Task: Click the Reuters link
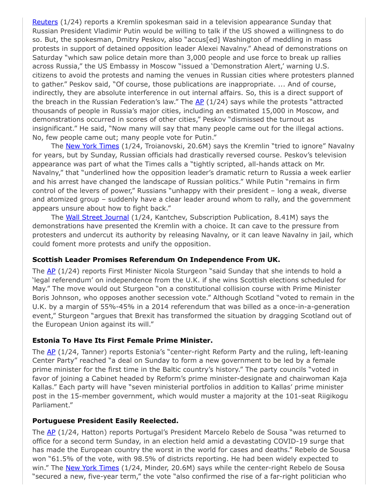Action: click(45, 22)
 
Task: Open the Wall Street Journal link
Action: click(97, 217)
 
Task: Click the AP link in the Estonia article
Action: click(51, 352)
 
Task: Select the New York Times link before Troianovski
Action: click(92, 146)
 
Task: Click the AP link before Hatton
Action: click(51, 432)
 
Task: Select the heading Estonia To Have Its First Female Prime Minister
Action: click(122, 340)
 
